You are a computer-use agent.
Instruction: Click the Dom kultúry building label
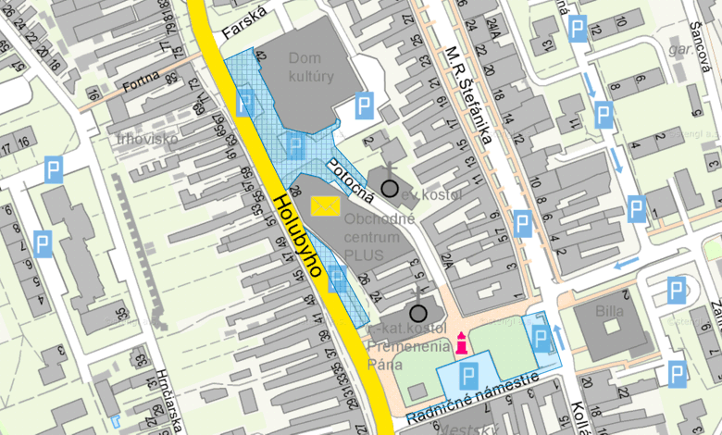311,68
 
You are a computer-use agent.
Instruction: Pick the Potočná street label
351,180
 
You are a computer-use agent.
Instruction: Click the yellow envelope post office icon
325,206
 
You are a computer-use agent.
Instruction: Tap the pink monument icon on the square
459,343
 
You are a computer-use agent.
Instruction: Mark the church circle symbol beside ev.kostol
391,189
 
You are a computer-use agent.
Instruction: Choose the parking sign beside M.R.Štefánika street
523,224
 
